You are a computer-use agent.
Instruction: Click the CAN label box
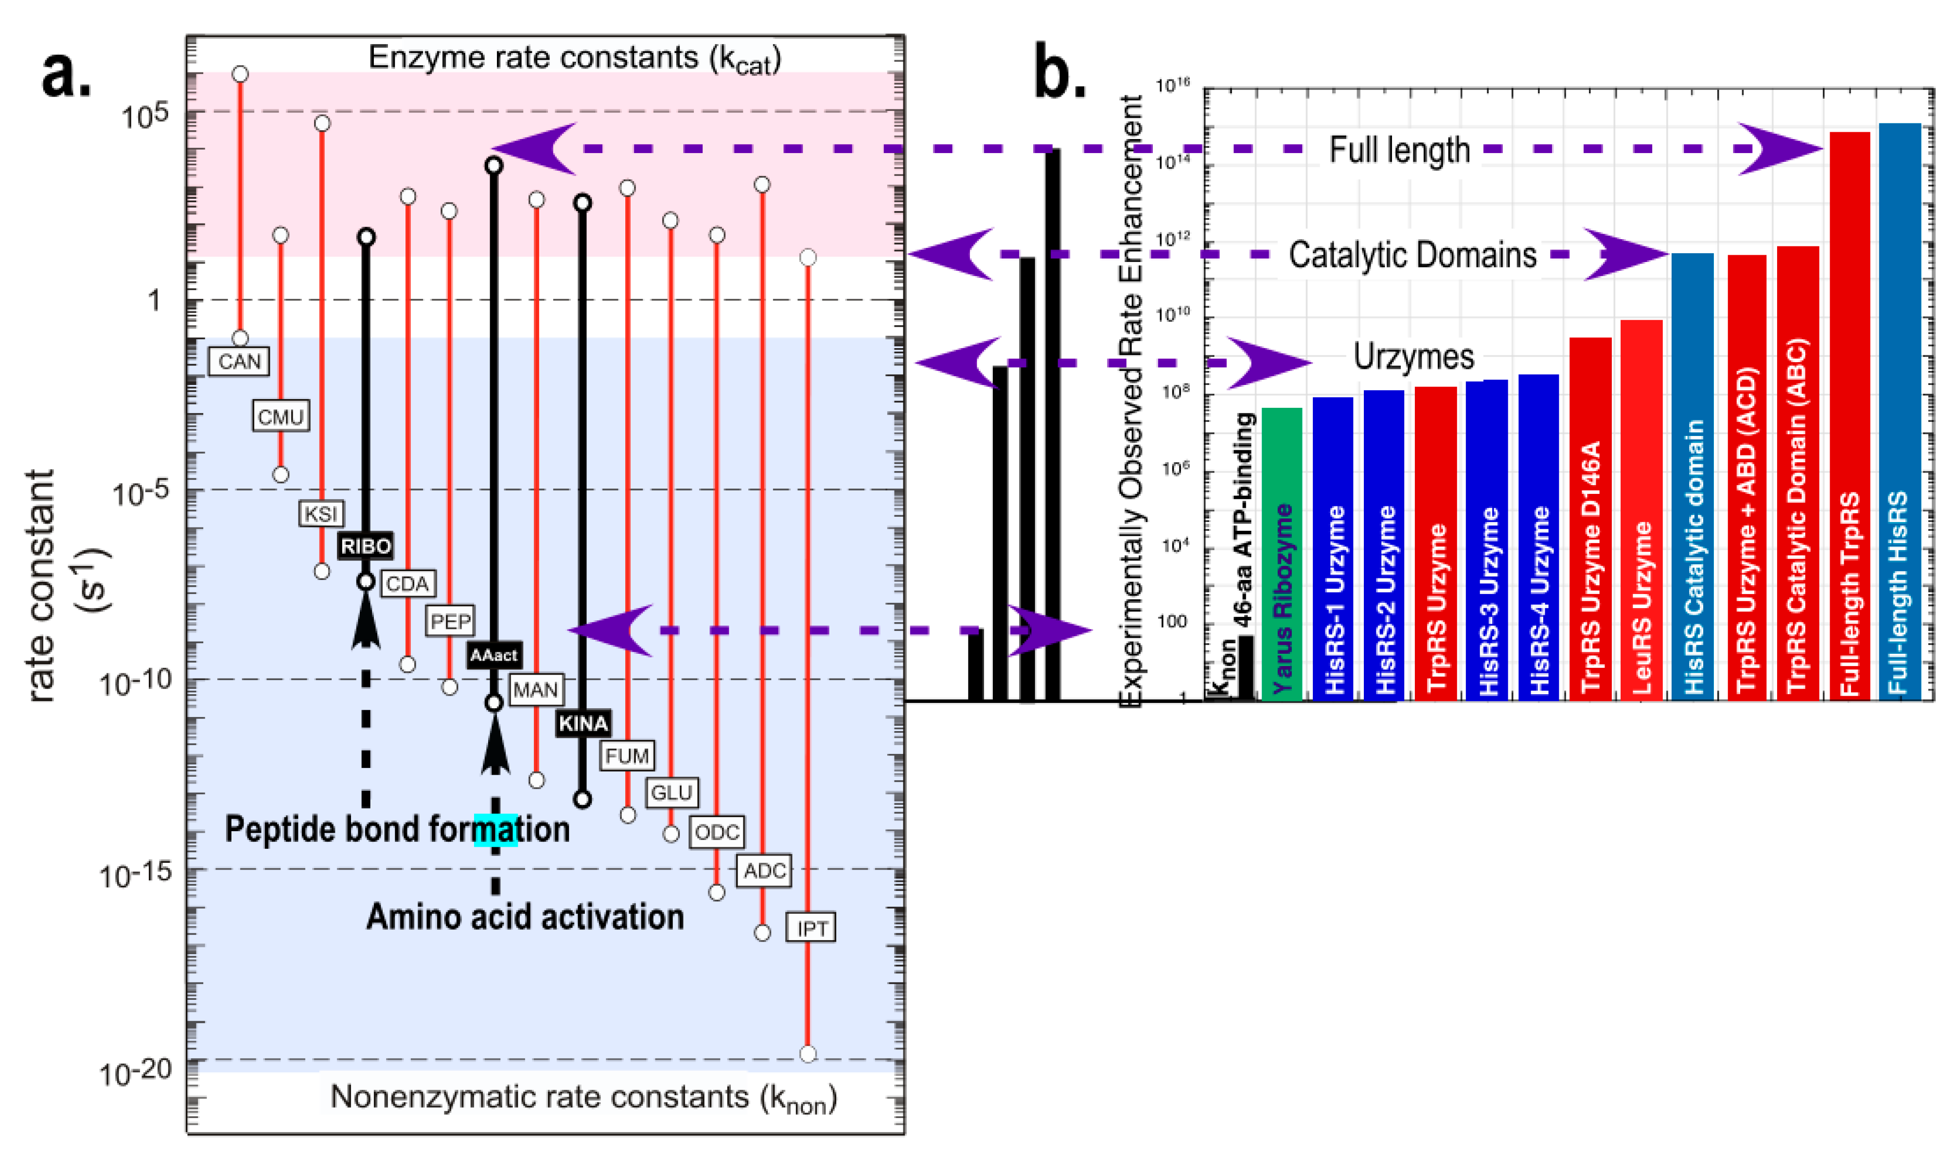(x=239, y=361)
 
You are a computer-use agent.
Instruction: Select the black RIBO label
(x=366, y=546)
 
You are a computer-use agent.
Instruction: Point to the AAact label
(x=494, y=655)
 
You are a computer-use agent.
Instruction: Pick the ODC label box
(x=716, y=832)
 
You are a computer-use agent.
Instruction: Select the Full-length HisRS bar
(x=1900, y=412)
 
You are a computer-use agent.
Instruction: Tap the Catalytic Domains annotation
(x=1412, y=255)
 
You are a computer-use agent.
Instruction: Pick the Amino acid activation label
(x=525, y=917)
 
